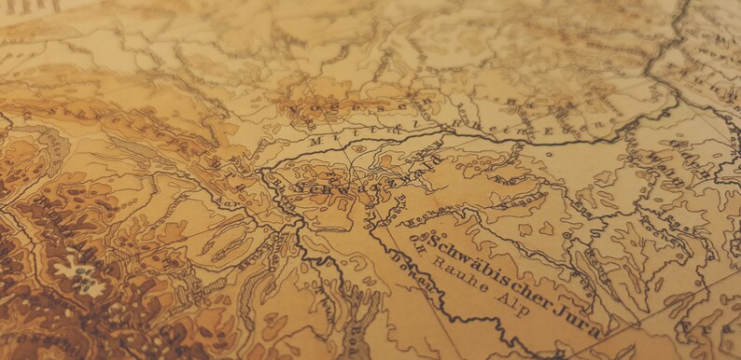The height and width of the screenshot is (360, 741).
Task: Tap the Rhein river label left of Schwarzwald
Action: tap(285, 187)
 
